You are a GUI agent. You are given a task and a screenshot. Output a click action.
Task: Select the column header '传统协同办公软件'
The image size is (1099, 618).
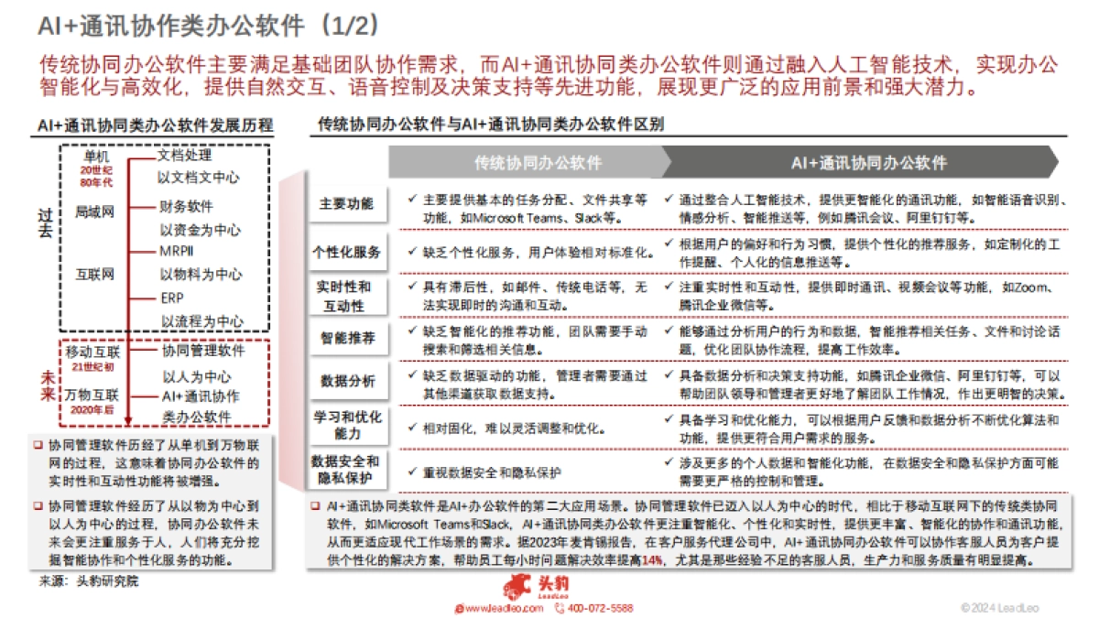click(538, 163)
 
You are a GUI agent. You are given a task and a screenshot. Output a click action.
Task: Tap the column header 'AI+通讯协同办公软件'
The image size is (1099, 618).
click(868, 163)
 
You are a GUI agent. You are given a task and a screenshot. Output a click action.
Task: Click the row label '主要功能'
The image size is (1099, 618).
click(346, 203)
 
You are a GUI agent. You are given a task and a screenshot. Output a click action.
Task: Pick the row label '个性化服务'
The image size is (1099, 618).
click(346, 251)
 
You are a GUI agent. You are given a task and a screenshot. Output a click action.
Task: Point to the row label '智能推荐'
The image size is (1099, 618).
click(346, 338)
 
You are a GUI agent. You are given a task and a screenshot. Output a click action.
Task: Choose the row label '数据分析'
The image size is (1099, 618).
click(346, 380)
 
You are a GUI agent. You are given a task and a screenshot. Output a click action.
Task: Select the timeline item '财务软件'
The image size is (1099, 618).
click(186, 206)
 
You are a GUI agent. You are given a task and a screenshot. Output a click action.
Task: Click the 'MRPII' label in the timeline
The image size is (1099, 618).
click(177, 251)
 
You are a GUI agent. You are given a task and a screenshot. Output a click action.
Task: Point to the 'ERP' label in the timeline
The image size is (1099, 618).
click(172, 298)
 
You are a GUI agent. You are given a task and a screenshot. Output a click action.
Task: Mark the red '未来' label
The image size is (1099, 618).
click(46, 386)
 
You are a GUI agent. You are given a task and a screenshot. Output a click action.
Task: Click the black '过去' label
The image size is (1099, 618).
click(46, 222)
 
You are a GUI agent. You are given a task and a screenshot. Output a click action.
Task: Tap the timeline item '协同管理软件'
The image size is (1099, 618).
click(203, 351)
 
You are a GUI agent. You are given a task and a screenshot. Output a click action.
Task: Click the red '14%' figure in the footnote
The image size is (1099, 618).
click(652, 560)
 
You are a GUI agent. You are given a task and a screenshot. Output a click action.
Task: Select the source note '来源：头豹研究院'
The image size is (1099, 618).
click(89, 580)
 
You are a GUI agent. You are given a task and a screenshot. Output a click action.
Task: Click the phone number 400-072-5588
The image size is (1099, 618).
click(600, 608)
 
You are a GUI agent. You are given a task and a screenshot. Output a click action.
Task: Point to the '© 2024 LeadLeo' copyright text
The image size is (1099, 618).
click(999, 608)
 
